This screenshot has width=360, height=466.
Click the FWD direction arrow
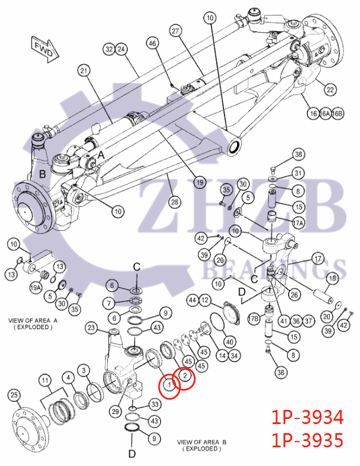[45, 49]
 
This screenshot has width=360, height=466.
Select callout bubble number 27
[176, 31]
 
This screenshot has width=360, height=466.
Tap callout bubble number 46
[152, 44]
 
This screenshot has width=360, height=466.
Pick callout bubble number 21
[84, 71]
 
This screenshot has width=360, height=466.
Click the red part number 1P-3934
[307, 417]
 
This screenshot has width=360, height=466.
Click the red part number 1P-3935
[307, 440]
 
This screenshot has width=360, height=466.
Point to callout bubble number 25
[14, 395]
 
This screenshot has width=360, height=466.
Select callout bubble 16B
[338, 113]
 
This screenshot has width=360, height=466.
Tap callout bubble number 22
[330, 90]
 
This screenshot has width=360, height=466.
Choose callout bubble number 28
[175, 202]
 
